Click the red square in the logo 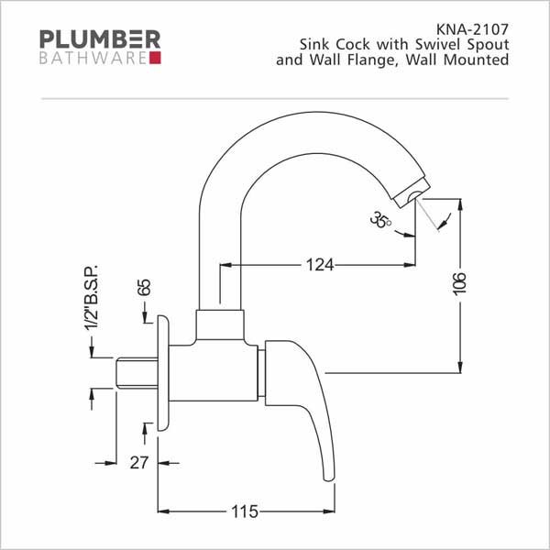155,58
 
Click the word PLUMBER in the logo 100,39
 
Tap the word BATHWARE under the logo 93,59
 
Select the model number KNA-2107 472,29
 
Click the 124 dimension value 320,265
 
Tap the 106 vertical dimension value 460,283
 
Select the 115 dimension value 245,511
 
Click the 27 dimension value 139,463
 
